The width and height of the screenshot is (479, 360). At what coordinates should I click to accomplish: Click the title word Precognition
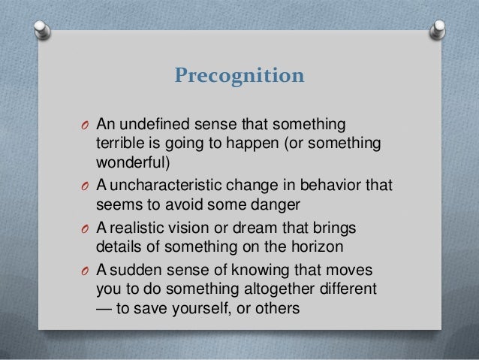(239, 76)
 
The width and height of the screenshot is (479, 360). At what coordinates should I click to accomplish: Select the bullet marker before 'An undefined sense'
(86, 124)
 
